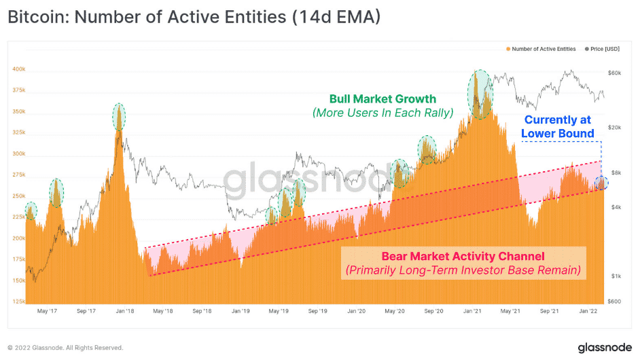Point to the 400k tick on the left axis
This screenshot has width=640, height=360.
tap(18, 69)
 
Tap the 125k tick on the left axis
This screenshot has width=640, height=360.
tap(18, 302)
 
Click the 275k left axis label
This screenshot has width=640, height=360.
tap(18, 175)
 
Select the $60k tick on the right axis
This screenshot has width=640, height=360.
tap(616, 73)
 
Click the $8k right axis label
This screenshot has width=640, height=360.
tap(615, 173)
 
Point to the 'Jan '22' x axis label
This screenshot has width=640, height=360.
tap(588, 311)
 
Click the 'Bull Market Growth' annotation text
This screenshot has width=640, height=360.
tap(383, 99)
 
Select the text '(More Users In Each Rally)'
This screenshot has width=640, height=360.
tap(383, 113)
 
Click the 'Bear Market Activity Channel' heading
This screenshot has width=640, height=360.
tap(462, 256)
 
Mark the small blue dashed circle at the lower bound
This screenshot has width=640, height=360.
tap(601, 183)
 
